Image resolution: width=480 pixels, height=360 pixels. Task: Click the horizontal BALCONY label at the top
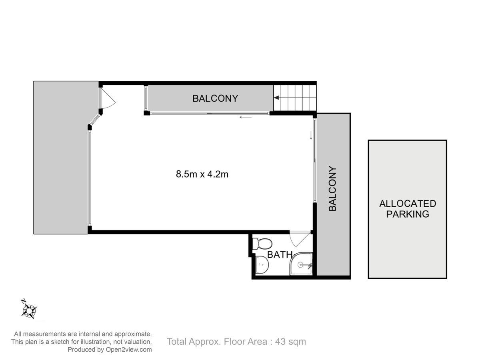pyautogui.click(x=215, y=98)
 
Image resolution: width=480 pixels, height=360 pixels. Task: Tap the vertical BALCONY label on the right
pyautogui.click(x=332, y=189)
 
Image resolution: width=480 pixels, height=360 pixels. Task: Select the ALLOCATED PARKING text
pyautogui.click(x=408, y=209)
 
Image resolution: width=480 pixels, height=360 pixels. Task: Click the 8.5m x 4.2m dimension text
pyautogui.click(x=202, y=174)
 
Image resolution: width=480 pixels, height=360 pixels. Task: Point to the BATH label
pyautogui.click(x=280, y=255)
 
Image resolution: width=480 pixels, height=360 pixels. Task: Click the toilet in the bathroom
pyautogui.click(x=262, y=244)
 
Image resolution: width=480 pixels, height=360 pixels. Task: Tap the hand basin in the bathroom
pyautogui.click(x=262, y=265)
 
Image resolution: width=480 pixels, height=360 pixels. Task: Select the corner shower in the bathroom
pyautogui.click(x=301, y=264)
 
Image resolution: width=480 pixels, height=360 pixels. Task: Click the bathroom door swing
pyautogui.click(x=300, y=239)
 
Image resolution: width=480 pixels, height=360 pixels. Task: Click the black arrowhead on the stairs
pyautogui.click(x=276, y=98)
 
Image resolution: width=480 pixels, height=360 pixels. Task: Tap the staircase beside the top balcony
pyautogui.click(x=295, y=98)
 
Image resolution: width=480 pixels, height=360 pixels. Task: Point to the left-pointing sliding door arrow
pyautogui.click(x=246, y=117)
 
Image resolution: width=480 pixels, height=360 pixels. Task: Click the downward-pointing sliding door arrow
pyautogui.click(x=311, y=135)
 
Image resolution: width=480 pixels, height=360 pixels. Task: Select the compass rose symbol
pyautogui.click(x=29, y=310)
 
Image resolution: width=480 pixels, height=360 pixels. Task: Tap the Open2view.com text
pyautogui.click(x=129, y=350)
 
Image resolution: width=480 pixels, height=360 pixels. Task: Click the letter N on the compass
pyautogui.click(x=23, y=301)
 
